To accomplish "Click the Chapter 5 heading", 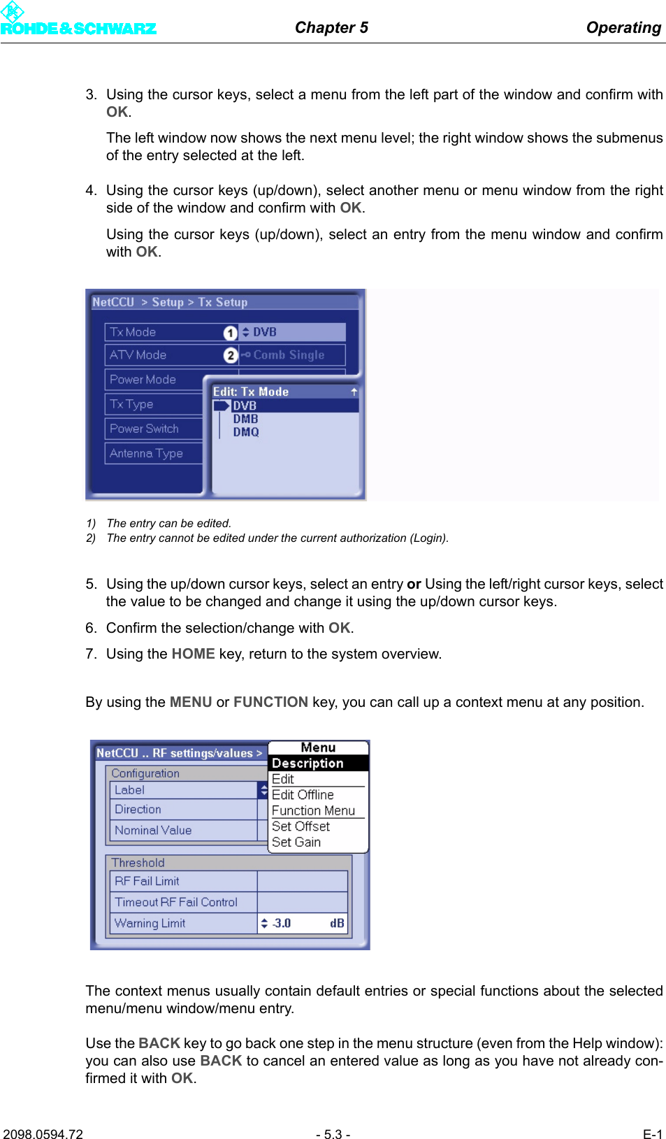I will (331, 27).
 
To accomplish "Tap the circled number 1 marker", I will (231, 333).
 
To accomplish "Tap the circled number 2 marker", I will (231, 355).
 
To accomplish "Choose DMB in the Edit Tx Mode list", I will (245, 419).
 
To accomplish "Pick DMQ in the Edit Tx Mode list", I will (246, 432).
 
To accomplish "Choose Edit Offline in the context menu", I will (303, 795).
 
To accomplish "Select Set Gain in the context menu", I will (296, 843).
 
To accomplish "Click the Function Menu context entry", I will (313, 811).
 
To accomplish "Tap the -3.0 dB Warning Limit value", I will (302, 923).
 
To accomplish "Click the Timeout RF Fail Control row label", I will (176, 902).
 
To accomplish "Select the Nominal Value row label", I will (153, 830).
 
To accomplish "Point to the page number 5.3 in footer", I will (333, 1134).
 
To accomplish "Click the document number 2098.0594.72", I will (43, 1134).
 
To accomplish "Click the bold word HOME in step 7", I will (193, 654).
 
